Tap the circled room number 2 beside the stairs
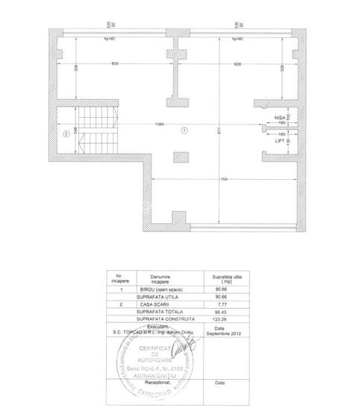66,134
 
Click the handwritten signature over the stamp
179,345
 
